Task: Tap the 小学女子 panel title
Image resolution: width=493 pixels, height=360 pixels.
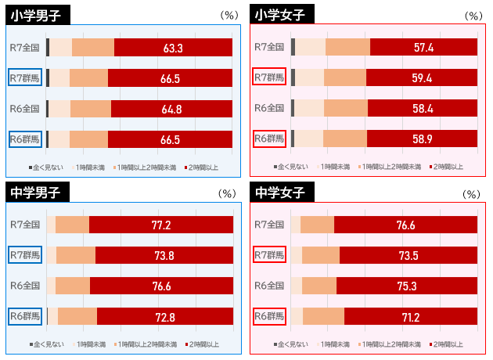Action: pyautogui.click(x=282, y=15)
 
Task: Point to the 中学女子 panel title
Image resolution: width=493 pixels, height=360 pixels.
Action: pyautogui.click(x=282, y=192)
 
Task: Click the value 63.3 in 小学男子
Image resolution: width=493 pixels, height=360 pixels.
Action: pyautogui.click(x=173, y=48)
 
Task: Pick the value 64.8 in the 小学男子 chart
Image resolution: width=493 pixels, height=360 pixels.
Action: pyautogui.click(x=172, y=109)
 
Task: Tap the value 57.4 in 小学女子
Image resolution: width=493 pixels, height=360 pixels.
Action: pyautogui.click(x=424, y=48)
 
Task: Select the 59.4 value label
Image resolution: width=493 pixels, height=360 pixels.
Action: pyautogui.click(x=423, y=77)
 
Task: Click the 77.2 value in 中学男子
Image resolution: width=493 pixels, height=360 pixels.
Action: pyautogui.click(x=161, y=225)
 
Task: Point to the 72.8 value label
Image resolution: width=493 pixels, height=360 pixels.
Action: pyautogui.click(x=165, y=316)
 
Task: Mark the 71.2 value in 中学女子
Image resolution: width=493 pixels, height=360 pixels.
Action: pyautogui.click(x=409, y=316)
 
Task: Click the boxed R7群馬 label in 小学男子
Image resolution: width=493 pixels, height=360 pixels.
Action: pyautogui.click(x=25, y=77)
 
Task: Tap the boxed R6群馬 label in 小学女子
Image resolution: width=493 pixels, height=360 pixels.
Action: pyautogui.click(x=269, y=139)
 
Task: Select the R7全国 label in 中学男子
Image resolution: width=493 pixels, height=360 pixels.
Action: pyautogui.click(x=25, y=225)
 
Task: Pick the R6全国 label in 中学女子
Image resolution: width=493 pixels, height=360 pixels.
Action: pyautogui.click(x=269, y=286)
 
